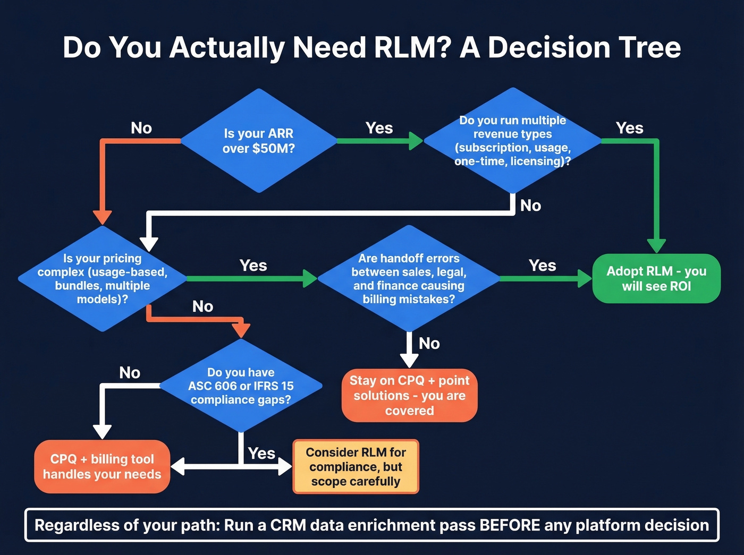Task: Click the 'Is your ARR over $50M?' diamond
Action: (x=258, y=141)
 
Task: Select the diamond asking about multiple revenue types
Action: (x=512, y=141)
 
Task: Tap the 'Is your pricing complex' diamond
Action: (x=102, y=278)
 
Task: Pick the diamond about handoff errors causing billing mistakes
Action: (x=408, y=278)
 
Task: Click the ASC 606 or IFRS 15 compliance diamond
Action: (x=241, y=386)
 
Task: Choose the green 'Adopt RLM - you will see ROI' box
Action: (x=656, y=278)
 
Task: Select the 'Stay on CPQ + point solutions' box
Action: (x=409, y=395)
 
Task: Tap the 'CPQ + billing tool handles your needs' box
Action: (x=102, y=466)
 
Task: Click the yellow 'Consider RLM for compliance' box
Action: (x=356, y=466)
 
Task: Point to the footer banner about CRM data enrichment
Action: (x=371, y=525)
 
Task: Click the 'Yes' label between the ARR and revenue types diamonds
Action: (x=379, y=128)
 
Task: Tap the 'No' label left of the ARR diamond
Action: (x=141, y=128)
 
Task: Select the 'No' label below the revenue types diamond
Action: (x=530, y=206)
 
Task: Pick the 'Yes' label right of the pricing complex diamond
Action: (x=253, y=265)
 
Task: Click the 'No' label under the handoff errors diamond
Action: (x=429, y=344)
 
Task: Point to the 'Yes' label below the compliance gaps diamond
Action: (x=261, y=453)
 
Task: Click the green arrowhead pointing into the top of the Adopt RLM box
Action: (x=656, y=245)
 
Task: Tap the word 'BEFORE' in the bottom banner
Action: (x=510, y=525)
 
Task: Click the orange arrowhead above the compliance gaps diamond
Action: (x=241, y=330)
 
